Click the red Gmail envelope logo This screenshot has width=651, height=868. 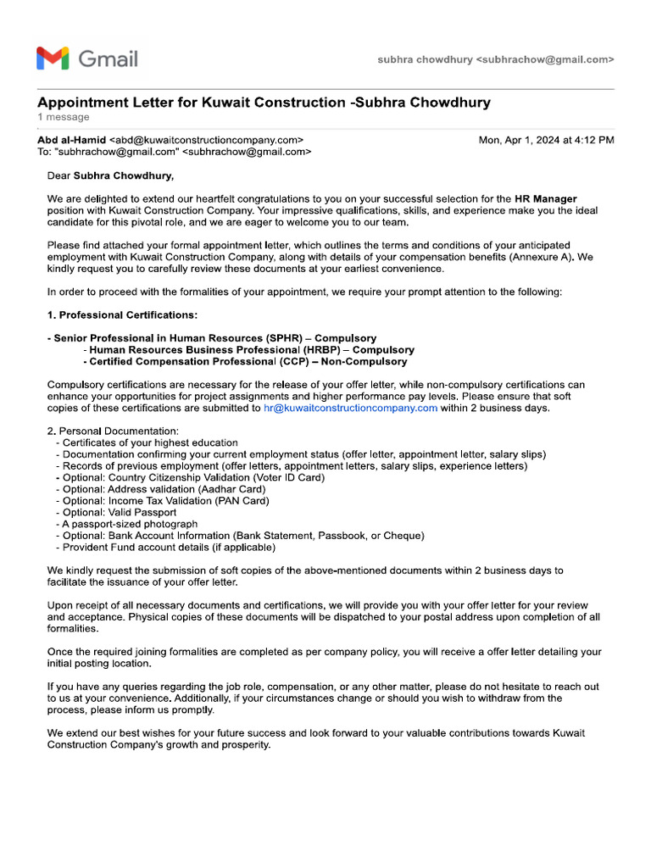coord(53,58)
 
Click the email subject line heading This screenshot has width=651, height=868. coord(264,103)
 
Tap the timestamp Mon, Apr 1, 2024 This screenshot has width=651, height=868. coord(546,140)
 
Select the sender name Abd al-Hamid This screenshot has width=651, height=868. coord(72,140)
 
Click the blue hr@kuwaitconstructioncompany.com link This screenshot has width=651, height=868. coord(350,408)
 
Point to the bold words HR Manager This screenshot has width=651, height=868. coord(545,199)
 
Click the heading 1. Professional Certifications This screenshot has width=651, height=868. coord(122,315)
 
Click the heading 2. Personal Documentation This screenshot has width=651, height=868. coord(113,431)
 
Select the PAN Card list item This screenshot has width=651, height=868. coord(162,501)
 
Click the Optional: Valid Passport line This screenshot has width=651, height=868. coord(120,513)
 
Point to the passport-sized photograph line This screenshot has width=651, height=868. coord(130,525)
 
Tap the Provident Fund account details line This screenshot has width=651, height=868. coord(169,548)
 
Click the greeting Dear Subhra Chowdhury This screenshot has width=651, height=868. coord(110,176)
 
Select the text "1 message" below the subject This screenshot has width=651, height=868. coord(63,117)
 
